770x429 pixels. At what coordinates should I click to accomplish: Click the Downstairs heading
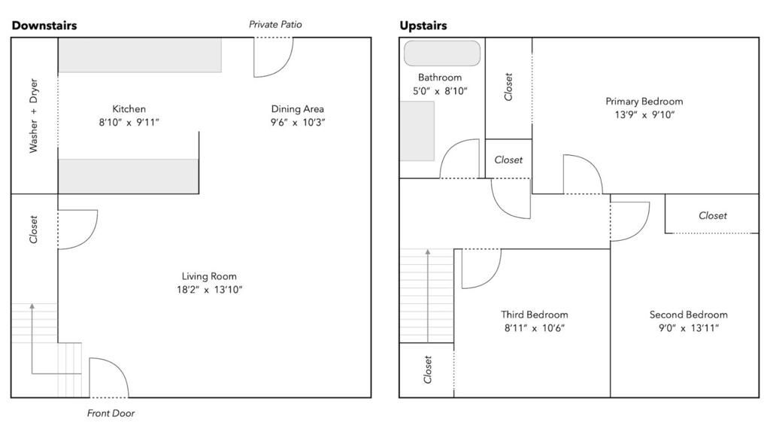44,26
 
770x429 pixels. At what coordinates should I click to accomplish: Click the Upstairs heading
423,26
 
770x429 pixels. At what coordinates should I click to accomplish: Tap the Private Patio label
275,25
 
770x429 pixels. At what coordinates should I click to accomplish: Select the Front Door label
111,413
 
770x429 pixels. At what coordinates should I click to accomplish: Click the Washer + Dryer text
34,116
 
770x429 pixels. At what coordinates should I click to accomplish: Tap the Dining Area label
298,109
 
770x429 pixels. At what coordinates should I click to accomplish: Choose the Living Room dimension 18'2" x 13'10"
209,290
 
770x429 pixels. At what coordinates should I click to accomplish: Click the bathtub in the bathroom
442,53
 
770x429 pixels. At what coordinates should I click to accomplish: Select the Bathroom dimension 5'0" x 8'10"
440,91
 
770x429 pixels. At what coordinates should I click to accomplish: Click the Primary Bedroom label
644,102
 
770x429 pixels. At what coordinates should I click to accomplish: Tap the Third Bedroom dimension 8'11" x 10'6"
535,328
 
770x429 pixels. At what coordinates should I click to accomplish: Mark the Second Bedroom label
688,315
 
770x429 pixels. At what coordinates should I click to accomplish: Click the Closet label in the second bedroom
713,215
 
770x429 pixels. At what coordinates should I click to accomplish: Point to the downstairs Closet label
34,230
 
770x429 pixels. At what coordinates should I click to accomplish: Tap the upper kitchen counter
140,55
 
